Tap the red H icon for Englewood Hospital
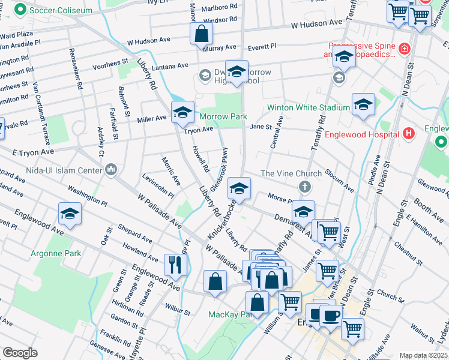pos(409,133)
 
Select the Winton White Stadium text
pos(309,107)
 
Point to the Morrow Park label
pos(223,116)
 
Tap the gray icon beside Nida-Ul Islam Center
pos(110,171)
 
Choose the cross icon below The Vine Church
pos(305,187)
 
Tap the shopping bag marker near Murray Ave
pos(201,34)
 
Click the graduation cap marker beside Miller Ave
pos(182,112)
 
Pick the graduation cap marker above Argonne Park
pos(70,214)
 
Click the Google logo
pos(20,353)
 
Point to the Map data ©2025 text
pos(423,355)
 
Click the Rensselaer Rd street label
pos(76,69)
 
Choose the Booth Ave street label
pos(429,208)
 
